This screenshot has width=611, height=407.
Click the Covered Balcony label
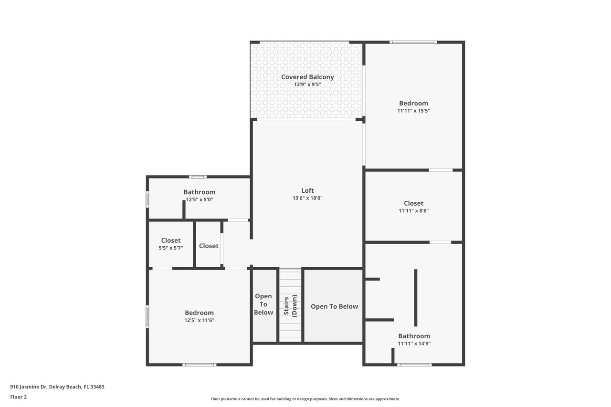tap(307, 77)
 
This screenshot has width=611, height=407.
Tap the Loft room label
tap(307, 190)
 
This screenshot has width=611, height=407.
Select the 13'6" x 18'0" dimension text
tap(307, 198)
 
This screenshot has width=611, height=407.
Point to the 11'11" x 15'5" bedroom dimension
tap(413, 111)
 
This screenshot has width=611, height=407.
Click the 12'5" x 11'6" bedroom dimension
tap(200, 320)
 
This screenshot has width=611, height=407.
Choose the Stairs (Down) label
tap(290, 305)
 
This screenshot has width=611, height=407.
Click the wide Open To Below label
tap(334, 306)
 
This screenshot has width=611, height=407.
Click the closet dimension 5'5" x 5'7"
tap(171, 248)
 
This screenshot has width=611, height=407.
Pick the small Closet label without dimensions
tap(209, 246)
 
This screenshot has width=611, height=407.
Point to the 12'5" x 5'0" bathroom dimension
tap(200, 199)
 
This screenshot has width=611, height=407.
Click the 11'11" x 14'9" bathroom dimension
tap(414, 344)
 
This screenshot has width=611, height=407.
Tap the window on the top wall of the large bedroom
tap(413, 42)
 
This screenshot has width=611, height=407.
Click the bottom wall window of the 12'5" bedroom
tap(200, 365)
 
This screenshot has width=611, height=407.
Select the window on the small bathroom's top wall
tap(198, 177)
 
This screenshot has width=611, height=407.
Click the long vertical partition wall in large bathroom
tap(416, 298)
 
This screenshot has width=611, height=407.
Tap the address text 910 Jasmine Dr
tap(29, 387)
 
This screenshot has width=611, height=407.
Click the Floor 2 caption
tap(19, 397)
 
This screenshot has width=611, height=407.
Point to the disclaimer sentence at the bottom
tap(305, 399)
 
